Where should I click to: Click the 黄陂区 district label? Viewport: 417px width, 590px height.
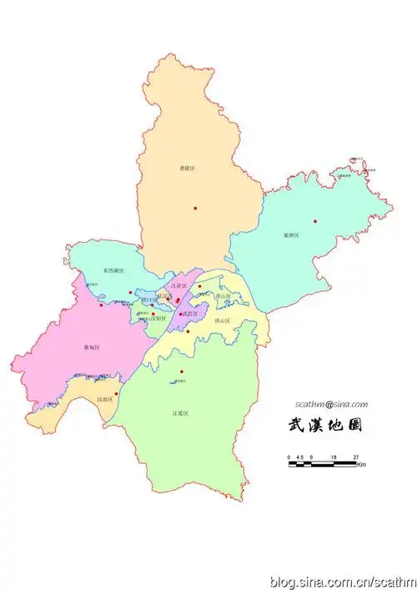click(x=188, y=168)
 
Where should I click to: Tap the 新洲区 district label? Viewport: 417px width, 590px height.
click(x=291, y=235)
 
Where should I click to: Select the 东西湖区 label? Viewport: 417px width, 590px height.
click(x=114, y=271)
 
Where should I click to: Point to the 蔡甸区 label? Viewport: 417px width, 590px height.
click(x=92, y=346)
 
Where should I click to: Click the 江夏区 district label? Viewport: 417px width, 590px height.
click(x=181, y=413)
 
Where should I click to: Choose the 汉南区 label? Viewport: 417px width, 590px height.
click(x=105, y=400)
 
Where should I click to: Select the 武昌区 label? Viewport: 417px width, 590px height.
click(x=192, y=314)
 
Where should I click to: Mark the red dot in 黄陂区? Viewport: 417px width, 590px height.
click(x=196, y=208)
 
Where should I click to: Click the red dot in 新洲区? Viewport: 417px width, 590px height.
click(x=315, y=221)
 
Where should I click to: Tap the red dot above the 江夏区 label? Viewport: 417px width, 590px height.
click(x=182, y=371)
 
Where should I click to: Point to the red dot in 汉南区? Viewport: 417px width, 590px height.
click(x=116, y=392)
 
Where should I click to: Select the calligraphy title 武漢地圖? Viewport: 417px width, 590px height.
click(x=324, y=426)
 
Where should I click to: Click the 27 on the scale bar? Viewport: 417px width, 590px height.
click(x=355, y=457)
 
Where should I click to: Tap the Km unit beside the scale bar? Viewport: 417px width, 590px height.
click(x=361, y=465)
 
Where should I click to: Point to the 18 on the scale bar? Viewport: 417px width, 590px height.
click(x=333, y=457)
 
